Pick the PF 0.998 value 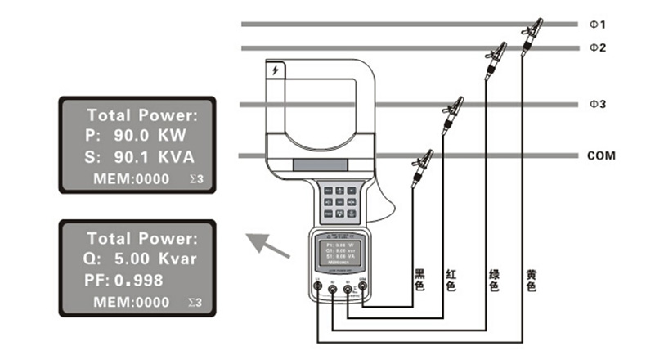click(x=138, y=281)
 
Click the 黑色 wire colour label click(x=420, y=281)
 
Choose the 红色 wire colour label click(x=450, y=281)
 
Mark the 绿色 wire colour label click(x=494, y=281)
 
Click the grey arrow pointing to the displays click(x=270, y=245)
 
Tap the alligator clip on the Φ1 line click(x=532, y=36)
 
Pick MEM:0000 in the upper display click(x=131, y=178)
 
